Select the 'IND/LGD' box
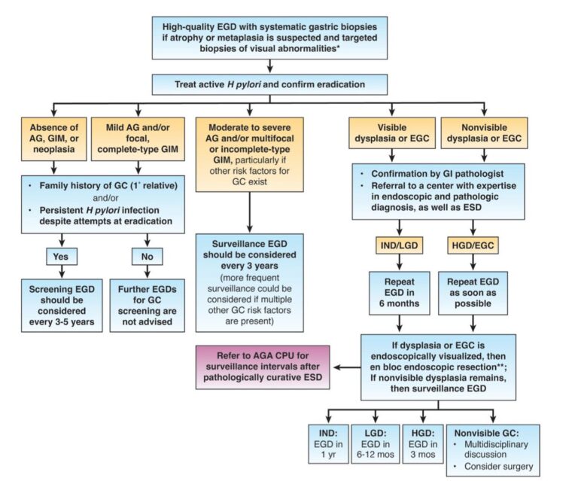[400, 245]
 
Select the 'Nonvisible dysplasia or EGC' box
[483, 133]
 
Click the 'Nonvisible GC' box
[493, 449]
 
